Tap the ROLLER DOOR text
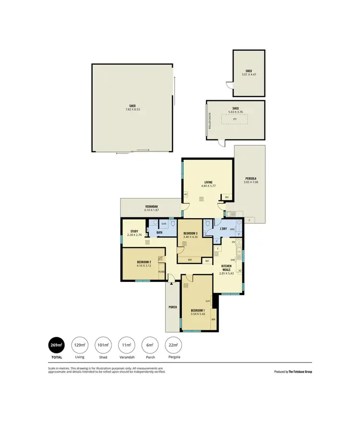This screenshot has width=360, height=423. point(210,120)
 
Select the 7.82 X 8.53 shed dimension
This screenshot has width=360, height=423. point(132,109)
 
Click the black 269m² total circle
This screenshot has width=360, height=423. point(57,345)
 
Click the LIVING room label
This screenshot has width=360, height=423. point(208,182)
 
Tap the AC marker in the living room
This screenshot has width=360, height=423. point(186,194)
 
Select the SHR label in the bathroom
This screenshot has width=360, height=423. point(163,224)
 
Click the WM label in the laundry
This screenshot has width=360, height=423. point(232,229)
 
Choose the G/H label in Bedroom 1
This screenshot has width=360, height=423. point(208,301)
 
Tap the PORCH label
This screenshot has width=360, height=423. point(172,307)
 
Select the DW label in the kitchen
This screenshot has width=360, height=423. point(232,259)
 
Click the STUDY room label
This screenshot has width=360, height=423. point(134,231)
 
